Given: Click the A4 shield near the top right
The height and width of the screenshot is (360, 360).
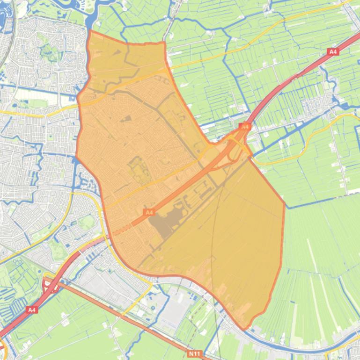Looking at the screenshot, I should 333,52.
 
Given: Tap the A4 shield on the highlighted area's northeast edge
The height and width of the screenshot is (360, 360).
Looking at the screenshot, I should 244,126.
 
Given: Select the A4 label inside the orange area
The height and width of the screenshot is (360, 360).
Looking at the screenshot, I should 149,212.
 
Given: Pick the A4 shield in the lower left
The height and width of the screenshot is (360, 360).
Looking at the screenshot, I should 31,310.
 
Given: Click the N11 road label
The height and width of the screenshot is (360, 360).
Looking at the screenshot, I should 195,354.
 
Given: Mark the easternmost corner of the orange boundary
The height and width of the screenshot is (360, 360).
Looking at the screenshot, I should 284,203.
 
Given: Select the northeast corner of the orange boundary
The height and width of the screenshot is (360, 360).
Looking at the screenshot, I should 164,43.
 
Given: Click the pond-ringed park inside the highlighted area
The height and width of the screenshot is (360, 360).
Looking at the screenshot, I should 137,169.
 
